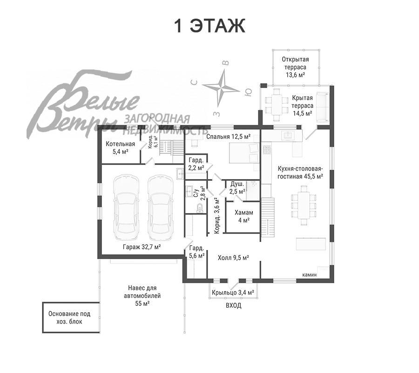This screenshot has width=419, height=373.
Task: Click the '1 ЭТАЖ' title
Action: (209, 26)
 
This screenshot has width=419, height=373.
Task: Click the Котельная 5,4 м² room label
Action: (120, 148)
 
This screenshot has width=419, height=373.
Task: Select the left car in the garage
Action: (126, 207)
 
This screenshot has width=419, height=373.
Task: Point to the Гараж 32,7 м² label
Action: (142, 247)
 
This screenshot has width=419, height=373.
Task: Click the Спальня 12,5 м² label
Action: (229, 137)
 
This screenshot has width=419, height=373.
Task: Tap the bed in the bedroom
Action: (244, 153)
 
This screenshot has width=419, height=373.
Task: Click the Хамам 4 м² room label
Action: (243, 216)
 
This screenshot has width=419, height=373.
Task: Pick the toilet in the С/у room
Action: (200, 208)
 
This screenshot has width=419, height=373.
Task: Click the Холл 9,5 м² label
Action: (233, 258)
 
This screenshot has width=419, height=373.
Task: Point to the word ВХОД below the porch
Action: (234, 305)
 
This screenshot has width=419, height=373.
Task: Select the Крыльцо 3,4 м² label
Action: (233, 292)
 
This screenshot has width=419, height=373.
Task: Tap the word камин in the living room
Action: (310, 275)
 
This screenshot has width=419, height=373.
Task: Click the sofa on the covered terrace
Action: (323, 107)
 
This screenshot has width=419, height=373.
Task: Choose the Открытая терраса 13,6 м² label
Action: (295, 67)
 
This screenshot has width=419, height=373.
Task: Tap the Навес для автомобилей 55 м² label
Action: (142, 296)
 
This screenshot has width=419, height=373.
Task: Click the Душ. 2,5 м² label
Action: (237, 188)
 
